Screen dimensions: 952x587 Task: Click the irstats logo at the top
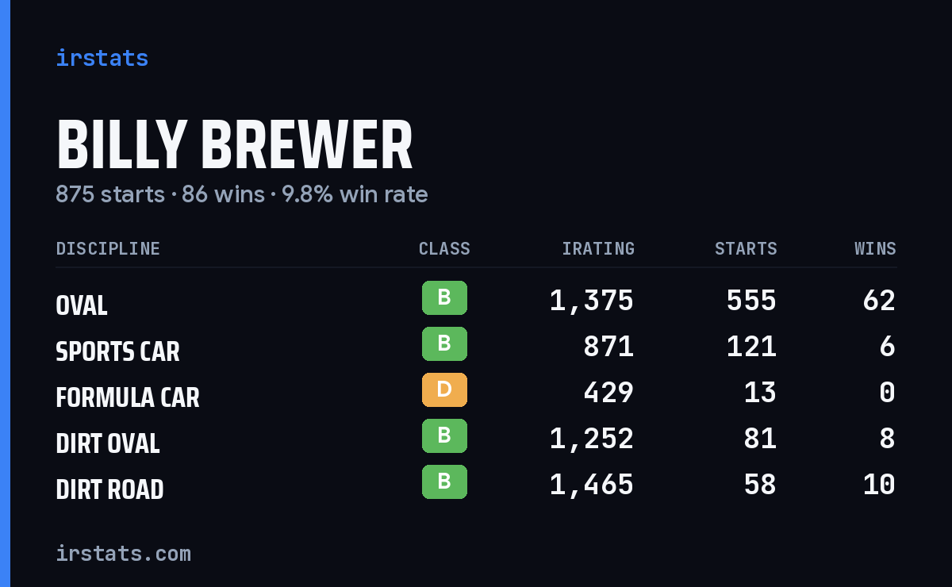tap(102, 58)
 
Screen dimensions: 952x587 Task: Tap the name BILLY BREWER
tap(234, 144)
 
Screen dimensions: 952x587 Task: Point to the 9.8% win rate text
tap(355, 194)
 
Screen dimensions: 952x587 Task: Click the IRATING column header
tap(598, 248)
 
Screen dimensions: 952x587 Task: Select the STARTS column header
tap(746, 248)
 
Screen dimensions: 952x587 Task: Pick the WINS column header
tap(876, 248)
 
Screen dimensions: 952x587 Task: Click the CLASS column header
tap(444, 248)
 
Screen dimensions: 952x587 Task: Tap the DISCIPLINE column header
tap(108, 248)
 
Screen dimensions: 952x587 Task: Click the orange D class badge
tap(444, 389)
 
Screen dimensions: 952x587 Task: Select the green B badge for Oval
tap(444, 297)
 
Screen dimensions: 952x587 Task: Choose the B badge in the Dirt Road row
tap(444, 481)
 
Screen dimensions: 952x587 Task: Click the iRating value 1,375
tap(592, 301)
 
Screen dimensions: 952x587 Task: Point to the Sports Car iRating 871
tap(608, 347)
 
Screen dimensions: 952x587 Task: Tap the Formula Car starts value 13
tap(760, 393)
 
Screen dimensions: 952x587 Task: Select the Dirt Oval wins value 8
tap(888, 438)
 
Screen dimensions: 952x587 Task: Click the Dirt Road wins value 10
tap(879, 485)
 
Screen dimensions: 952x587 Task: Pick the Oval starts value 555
tap(751, 301)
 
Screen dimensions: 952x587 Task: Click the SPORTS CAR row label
tap(117, 351)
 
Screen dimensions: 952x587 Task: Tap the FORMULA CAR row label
tap(128, 397)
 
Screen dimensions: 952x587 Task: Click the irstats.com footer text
tap(124, 554)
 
